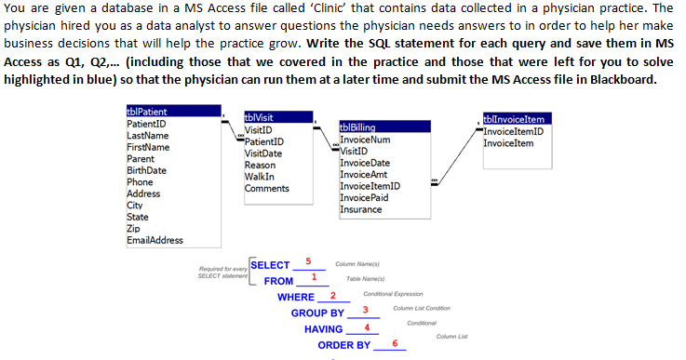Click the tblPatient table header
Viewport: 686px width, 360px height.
pyautogui.click(x=146, y=113)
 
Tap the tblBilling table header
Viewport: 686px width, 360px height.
pyautogui.click(x=359, y=127)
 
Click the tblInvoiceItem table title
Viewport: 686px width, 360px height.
pyautogui.click(x=514, y=118)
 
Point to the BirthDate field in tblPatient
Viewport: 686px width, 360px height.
pyautogui.click(x=146, y=170)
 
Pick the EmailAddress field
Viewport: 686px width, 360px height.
pyautogui.click(x=155, y=241)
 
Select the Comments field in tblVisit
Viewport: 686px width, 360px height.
pyautogui.click(x=267, y=189)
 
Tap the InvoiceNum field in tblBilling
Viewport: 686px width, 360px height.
pyautogui.click(x=365, y=140)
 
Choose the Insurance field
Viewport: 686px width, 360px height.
pyautogui.click(x=360, y=209)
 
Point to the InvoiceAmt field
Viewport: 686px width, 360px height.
pyautogui.click(x=365, y=174)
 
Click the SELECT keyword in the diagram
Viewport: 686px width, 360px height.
pyautogui.click(x=271, y=265)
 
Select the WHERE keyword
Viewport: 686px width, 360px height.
pyautogui.click(x=296, y=297)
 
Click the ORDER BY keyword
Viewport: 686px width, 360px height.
pyautogui.click(x=343, y=345)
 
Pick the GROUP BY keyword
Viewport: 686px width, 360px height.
pyautogui.click(x=317, y=313)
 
